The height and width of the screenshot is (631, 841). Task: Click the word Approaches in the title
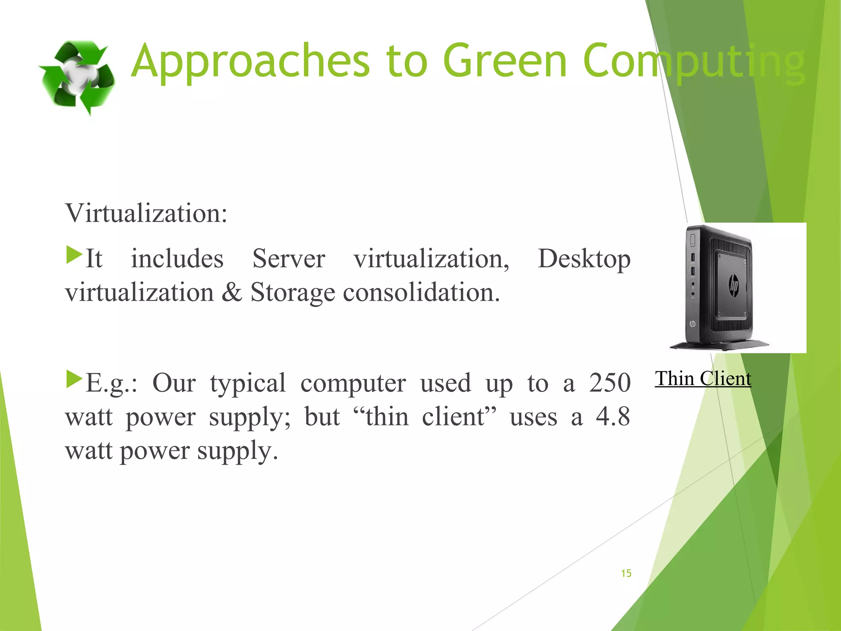click(250, 62)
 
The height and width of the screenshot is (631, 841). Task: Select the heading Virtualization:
click(146, 214)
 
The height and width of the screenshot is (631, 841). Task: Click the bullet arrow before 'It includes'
click(74, 255)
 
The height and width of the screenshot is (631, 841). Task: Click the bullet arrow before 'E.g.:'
click(74, 379)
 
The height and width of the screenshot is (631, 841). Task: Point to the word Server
click(289, 259)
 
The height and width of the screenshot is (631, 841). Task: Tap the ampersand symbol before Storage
click(232, 292)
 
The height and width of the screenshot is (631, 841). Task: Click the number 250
click(609, 383)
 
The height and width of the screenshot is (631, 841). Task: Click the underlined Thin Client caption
click(703, 378)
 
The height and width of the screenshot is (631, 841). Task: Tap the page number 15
click(626, 573)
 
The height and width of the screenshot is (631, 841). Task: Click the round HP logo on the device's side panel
click(733, 285)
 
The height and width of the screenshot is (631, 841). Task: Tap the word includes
click(177, 259)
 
